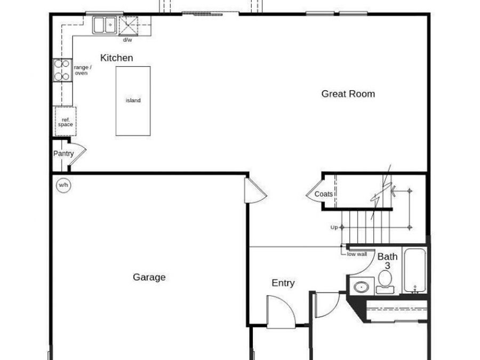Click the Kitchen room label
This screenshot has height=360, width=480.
point(116,58)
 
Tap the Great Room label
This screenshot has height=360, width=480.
point(348,94)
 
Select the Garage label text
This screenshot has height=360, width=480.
point(149,277)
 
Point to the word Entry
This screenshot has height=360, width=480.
point(283,283)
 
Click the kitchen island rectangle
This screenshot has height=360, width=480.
point(133,101)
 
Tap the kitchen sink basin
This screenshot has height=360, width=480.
point(105,25)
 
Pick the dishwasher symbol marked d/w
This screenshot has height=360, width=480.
point(128,26)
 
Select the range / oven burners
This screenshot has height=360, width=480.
point(62,70)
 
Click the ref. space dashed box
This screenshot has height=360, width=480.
point(65,122)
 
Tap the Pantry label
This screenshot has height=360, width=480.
point(63,154)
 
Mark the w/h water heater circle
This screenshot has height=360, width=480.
point(63,185)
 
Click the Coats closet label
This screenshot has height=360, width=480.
point(323,194)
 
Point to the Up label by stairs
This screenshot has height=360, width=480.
point(334,228)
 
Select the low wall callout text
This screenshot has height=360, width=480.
point(357,254)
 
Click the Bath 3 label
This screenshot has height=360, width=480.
point(387,261)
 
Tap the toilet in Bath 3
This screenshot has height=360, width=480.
point(385,281)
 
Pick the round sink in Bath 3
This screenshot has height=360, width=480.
point(362,287)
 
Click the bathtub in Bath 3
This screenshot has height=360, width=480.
point(415,270)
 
